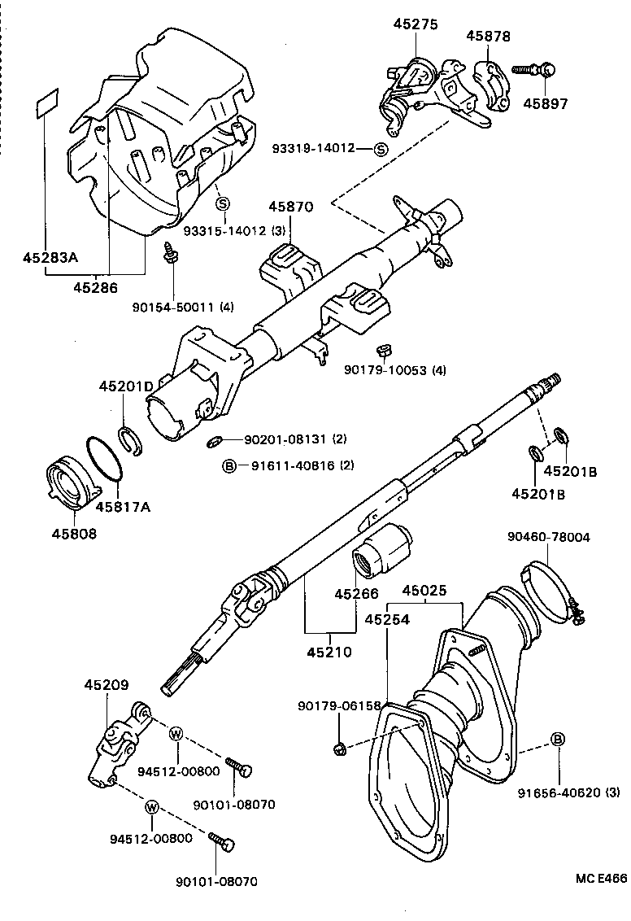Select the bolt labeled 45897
(533, 71)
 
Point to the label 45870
(292, 207)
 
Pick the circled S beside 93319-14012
(381, 148)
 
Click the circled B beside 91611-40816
(229, 466)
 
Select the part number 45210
(329, 653)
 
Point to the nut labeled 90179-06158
(341, 747)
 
